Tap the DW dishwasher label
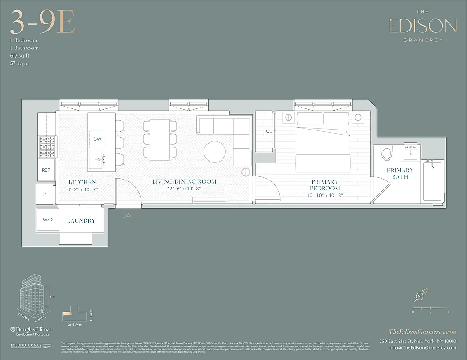pos(97,139)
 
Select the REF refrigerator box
pos(46,170)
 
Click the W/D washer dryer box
pos(47,220)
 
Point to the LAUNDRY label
pos(81,221)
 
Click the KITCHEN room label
pos(82,182)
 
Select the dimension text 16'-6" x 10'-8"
pos(184,189)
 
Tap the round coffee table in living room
pos(215,152)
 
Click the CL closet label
pos(268,131)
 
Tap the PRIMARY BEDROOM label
pos(324,185)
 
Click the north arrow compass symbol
pos(420,297)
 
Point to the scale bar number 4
pos(449,312)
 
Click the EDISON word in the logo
pos(422,27)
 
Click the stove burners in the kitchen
pos(46,146)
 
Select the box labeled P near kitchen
pos(45,194)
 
